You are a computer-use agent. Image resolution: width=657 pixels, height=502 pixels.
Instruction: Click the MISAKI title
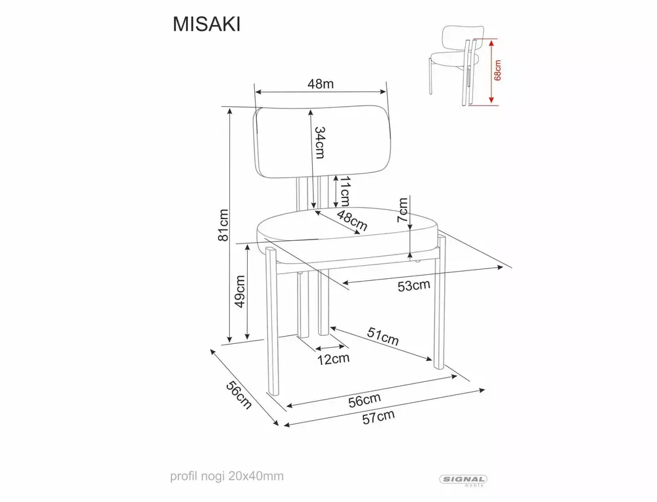pyautogui.click(x=206, y=25)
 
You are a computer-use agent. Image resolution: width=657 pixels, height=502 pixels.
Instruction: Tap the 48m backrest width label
pyautogui.click(x=321, y=84)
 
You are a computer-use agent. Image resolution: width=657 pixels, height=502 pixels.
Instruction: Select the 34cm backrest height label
pyautogui.click(x=320, y=142)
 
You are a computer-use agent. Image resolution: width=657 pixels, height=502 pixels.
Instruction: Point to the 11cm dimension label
pyautogui.click(x=344, y=191)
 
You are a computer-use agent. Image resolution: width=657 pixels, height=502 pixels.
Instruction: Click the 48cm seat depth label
pyautogui.click(x=352, y=220)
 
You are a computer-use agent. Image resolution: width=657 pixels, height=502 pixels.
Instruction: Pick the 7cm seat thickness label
pyautogui.click(x=403, y=211)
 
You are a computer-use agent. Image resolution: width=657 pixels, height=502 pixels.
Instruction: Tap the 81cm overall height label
pyautogui.click(x=223, y=225)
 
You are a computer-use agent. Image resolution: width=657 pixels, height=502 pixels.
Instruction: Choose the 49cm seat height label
pyautogui.click(x=240, y=291)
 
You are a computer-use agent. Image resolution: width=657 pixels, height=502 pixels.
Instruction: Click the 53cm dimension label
pyautogui.click(x=414, y=285)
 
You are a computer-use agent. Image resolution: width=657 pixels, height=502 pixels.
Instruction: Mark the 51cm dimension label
pyautogui.click(x=383, y=336)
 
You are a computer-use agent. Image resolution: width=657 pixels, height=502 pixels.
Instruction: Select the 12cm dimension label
pyautogui.click(x=333, y=359)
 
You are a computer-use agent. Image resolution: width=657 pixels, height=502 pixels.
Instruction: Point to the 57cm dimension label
pyautogui.click(x=378, y=417)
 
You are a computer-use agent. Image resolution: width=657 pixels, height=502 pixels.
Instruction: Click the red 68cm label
pyautogui.click(x=497, y=70)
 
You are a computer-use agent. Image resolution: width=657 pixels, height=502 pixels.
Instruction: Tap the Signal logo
pyautogui.click(x=463, y=480)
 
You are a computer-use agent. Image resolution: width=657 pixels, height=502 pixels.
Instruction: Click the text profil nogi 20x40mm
pyautogui.click(x=227, y=476)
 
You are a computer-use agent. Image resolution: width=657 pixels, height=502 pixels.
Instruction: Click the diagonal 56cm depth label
pyautogui.click(x=239, y=395)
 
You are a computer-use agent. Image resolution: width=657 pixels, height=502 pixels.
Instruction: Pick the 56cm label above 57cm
pyautogui.click(x=365, y=400)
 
